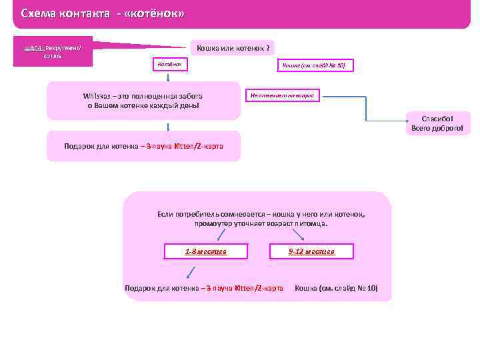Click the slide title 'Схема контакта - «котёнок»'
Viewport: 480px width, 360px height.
click(x=103, y=13)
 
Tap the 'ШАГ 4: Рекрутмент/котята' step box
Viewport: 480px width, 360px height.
click(x=53, y=51)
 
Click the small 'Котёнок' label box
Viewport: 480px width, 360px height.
click(x=171, y=64)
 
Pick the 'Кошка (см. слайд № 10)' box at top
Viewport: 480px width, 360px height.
click(x=314, y=65)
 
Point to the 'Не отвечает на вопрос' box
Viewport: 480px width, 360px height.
click(x=284, y=96)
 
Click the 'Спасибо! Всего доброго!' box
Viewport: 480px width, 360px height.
click(x=437, y=123)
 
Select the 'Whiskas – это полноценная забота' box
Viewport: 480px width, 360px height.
click(x=143, y=101)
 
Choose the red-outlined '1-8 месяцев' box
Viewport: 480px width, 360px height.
click(x=206, y=251)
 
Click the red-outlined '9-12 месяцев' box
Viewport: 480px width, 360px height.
click(x=311, y=251)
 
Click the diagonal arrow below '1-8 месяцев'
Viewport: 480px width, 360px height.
click(x=191, y=271)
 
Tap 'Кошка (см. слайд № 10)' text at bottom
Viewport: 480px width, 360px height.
click(x=336, y=288)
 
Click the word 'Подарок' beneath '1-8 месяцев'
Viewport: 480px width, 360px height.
click(x=141, y=288)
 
